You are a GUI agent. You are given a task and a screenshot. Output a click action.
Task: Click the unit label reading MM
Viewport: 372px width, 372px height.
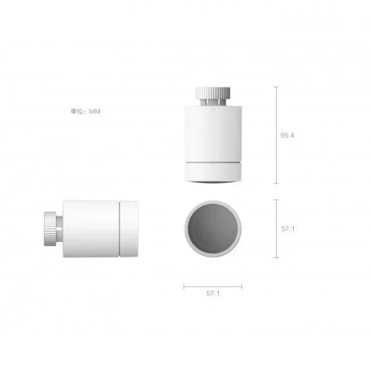pyautogui.click(x=95, y=111)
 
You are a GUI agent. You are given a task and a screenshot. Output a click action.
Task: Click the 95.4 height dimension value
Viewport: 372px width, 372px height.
pyautogui.click(x=287, y=135)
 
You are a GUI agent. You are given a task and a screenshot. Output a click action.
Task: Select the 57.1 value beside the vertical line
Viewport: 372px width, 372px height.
pyautogui.click(x=288, y=229)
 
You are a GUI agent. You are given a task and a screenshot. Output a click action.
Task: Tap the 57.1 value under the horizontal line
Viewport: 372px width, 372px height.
pyautogui.click(x=213, y=293)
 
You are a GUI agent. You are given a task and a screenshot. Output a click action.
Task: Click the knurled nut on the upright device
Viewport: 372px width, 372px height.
pyautogui.click(x=213, y=93)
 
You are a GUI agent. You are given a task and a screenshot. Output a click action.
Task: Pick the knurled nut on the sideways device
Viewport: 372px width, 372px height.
pyautogui.click(x=50, y=229)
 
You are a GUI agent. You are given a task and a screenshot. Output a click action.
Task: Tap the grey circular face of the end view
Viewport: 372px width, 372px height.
pyautogui.click(x=213, y=228)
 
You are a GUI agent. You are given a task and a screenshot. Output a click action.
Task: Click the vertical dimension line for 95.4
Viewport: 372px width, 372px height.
pyautogui.click(x=276, y=135)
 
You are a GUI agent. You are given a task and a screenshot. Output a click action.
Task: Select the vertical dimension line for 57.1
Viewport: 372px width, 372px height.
pyautogui.click(x=276, y=229)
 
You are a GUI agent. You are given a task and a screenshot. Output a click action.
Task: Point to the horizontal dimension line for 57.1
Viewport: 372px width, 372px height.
pyautogui.click(x=213, y=286)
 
